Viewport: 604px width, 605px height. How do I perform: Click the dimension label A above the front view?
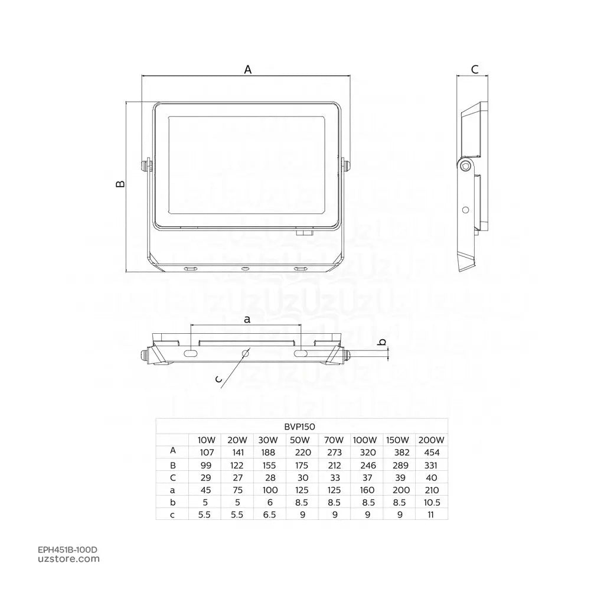point(247,70)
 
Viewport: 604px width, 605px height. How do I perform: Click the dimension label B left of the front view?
point(120,184)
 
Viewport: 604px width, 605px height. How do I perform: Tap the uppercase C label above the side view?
point(475,70)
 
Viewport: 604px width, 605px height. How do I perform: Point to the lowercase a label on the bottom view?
point(247,320)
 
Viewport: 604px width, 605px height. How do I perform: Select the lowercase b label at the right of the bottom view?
point(382,342)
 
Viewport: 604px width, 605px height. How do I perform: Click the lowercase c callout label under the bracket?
point(218,380)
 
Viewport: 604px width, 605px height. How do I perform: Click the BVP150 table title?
point(300,427)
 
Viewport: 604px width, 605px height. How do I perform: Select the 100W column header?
point(364,440)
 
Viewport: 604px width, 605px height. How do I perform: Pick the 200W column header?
point(431,440)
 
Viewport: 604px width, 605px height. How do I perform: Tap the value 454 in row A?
point(432,453)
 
